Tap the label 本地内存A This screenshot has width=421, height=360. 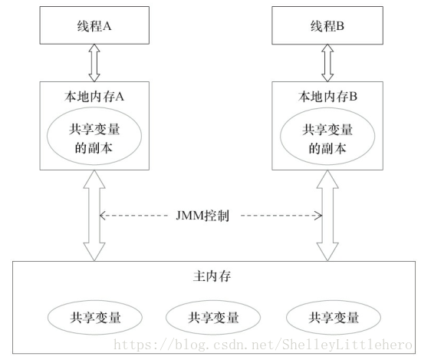(93, 97)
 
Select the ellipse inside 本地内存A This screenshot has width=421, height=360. (93, 137)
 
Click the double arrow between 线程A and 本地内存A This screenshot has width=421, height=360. (93, 61)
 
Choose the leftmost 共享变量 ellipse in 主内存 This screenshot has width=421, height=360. (94, 316)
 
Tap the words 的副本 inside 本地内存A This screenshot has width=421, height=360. (93, 147)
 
